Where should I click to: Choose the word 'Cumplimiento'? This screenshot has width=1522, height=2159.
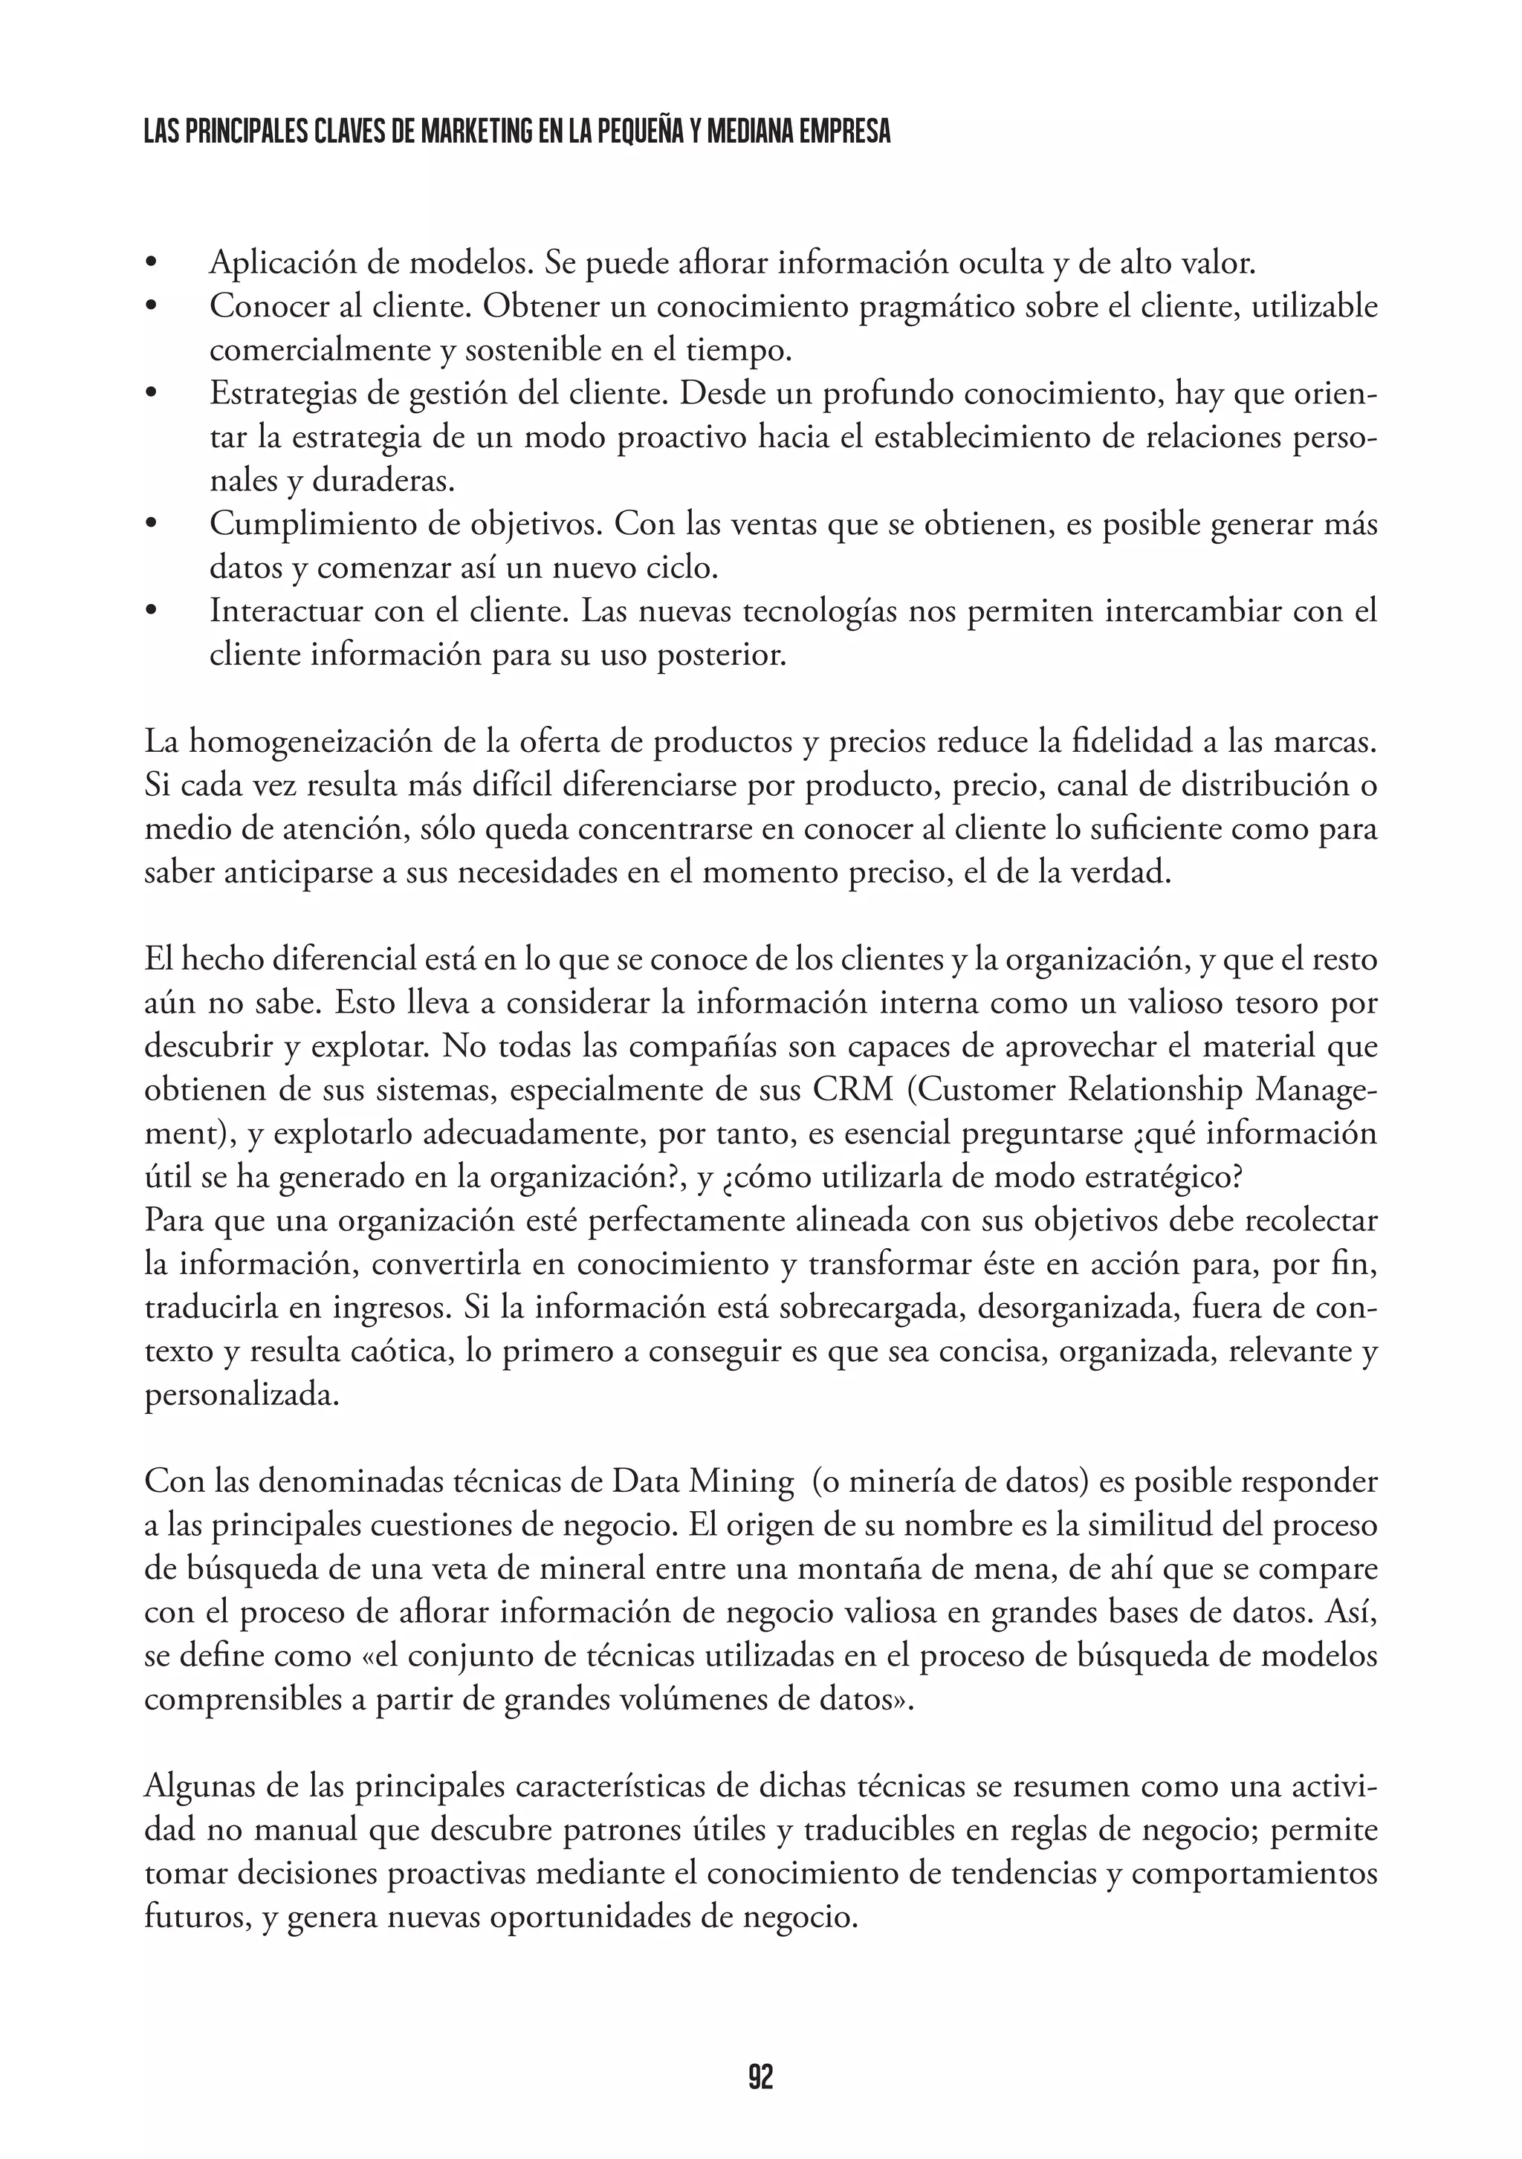click(311, 524)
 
